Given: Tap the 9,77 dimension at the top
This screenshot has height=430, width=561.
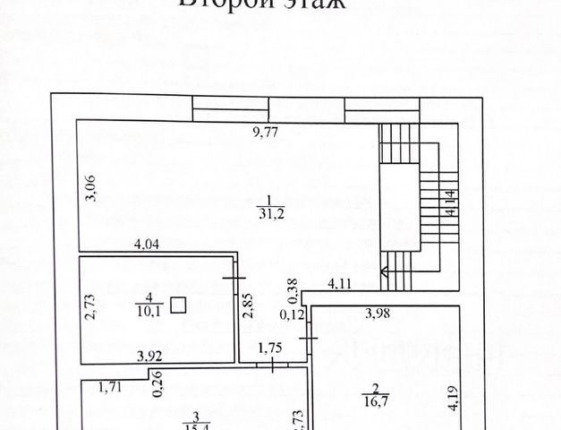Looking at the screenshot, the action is coord(266,133).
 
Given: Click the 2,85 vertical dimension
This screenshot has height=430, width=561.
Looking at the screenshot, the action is coord(250,306).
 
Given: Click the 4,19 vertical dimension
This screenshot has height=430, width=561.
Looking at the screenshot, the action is coord(452,397).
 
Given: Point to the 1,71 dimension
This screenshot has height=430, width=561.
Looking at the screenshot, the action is coord(109,388).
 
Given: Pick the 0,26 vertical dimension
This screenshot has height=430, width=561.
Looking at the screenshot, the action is coord(157,383).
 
